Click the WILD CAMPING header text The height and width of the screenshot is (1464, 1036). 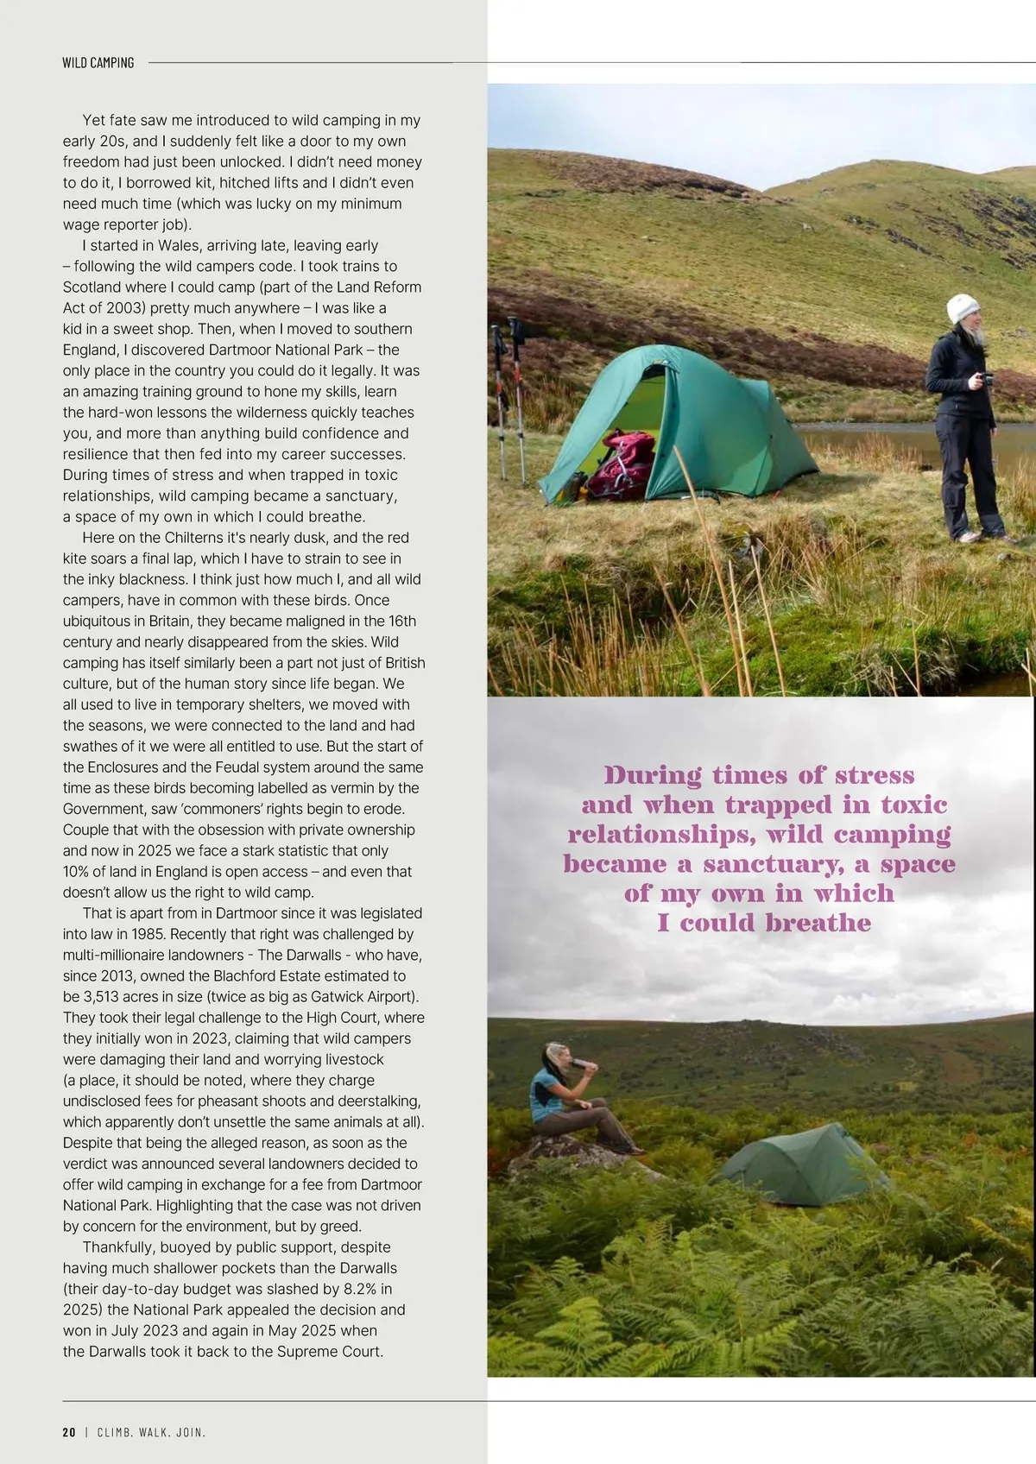pyautogui.click(x=98, y=63)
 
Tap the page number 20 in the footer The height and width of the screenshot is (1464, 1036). pyautogui.click(x=69, y=1432)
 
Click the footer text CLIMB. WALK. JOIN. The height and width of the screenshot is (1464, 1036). pyautogui.click(x=151, y=1432)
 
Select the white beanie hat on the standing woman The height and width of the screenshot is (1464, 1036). pyautogui.click(x=963, y=308)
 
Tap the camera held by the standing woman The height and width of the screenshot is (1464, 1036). pyautogui.click(x=984, y=379)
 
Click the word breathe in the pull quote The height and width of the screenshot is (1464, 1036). pyautogui.click(x=818, y=923)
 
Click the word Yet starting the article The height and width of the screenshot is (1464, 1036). pyautogui.click(x=94, y=120)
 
